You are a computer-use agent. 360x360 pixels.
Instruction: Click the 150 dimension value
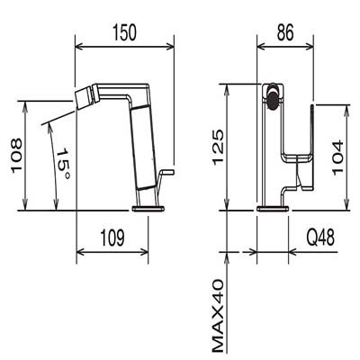point(124,32)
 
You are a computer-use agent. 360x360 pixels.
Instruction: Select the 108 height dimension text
point(17,156)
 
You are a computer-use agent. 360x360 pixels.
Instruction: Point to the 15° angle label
point(64,164)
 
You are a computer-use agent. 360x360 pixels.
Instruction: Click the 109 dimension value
point(112,238)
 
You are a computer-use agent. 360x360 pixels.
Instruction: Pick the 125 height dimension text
point(219,147)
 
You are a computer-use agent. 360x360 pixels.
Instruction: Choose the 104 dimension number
point(337,157)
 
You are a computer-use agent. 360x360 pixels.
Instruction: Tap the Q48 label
point(320,238)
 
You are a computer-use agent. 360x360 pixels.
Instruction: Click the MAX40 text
point(218,316)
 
